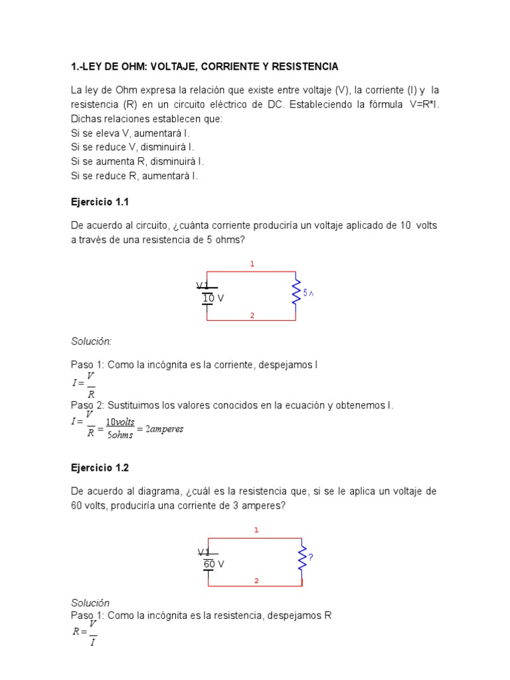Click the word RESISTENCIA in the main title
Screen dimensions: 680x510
pos(302,66)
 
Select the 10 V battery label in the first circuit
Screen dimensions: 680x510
pos(213,299)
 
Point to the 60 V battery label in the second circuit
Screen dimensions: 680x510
pos(214,564)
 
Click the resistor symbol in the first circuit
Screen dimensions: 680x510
pos(296,292)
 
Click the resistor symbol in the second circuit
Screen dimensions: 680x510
pos(302,558)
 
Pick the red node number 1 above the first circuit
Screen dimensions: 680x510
pos(252,264)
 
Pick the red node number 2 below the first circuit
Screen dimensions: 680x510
pos(252,315)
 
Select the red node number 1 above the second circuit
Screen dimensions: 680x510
pos(256,530)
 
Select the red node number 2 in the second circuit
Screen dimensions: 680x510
pos(256,581)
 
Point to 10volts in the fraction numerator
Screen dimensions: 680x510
pos(121,422)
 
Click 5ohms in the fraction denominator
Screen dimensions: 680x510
pos(120,436)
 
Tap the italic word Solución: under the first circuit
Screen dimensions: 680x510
pos(92,341)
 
